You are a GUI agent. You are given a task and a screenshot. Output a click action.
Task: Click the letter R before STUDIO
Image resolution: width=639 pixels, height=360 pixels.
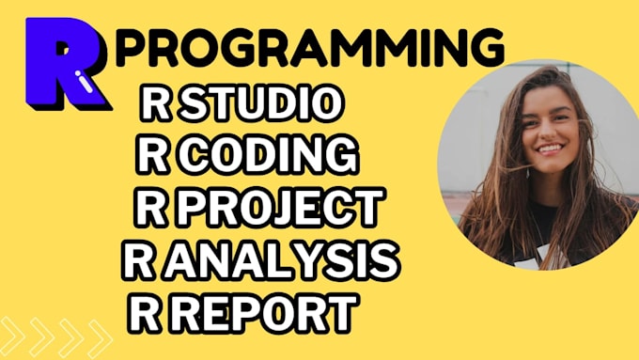tap(156, 105)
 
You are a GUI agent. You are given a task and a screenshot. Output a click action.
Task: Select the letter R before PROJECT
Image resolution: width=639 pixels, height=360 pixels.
tap(150, 208)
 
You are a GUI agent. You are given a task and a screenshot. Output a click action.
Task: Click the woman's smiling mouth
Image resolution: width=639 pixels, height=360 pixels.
tap(547, 149)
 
